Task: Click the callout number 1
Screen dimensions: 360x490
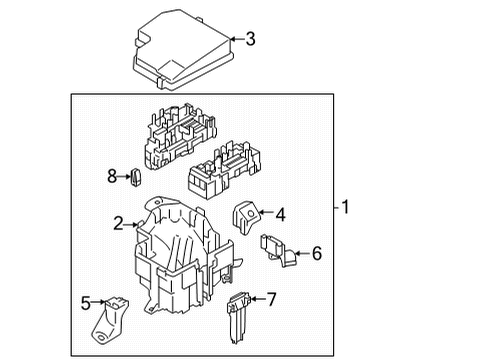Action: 346,208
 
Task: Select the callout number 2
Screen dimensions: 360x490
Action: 118,224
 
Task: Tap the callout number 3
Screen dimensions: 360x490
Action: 251,40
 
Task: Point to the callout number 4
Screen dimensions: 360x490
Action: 281,212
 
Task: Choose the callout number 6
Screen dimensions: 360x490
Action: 316,253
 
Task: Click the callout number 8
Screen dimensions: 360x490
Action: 113,177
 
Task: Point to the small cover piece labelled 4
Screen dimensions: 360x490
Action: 247,215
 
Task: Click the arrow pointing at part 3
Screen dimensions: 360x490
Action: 235,40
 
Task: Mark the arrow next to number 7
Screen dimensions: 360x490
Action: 256,299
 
